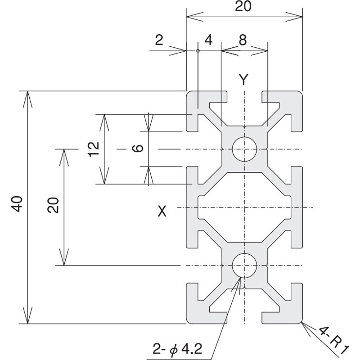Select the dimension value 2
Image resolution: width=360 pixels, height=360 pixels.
159,40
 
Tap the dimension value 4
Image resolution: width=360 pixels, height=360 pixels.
208,40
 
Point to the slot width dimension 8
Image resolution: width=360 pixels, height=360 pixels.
243,40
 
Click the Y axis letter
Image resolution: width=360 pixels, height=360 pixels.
243,80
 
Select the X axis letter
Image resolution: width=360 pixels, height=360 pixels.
162,211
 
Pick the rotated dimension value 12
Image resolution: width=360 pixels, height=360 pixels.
93,149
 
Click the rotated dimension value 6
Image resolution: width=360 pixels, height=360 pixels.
138,149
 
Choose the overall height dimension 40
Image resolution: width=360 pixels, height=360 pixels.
17,205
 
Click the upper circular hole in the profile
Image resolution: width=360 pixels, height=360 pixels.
244,149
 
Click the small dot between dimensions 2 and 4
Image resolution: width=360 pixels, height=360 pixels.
198,51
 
